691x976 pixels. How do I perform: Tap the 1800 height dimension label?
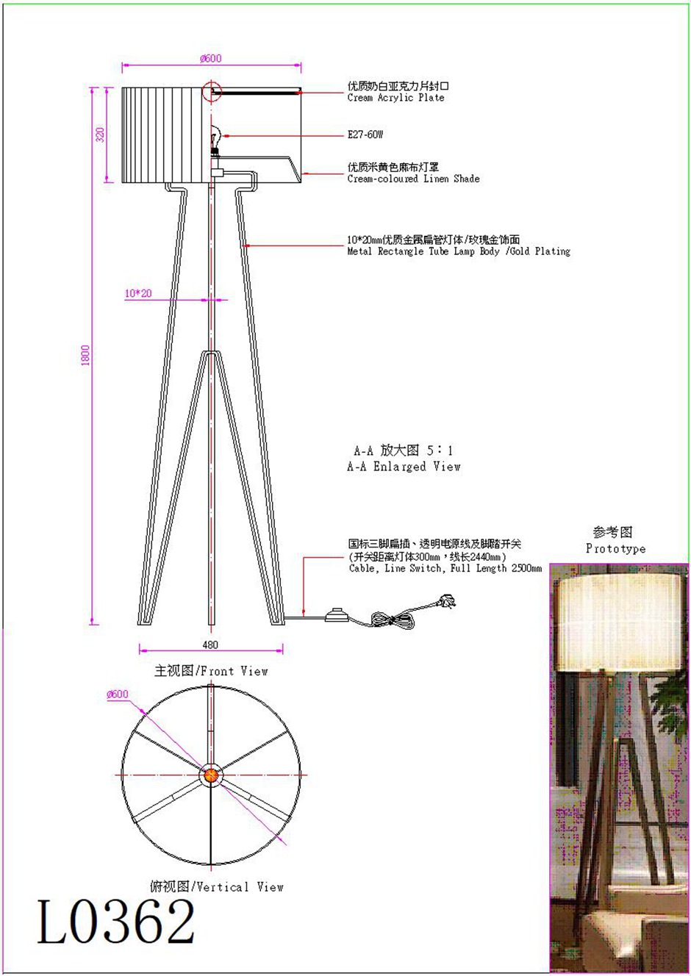tap(85, 355)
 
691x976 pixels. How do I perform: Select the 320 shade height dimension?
tap(100, 134)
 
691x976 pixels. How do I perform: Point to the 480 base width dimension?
tap(210, 645)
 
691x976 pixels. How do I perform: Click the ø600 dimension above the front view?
tap(211, 58)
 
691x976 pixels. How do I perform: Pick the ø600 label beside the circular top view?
tap(118, 694)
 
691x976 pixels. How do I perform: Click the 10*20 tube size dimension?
tap(138, 293)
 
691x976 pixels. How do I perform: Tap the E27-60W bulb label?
tap(365, 134)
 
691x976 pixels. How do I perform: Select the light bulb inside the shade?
tap(215, 137)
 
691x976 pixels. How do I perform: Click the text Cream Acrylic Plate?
tap(395, 98)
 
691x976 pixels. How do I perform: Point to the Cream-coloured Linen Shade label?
tap(413, 179)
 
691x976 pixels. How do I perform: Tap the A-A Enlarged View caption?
tap(404, 467)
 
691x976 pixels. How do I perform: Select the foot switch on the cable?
tap(337, 615)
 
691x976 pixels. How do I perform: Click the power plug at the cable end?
tap(445, 602)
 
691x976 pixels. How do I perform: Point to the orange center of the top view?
tap(211, 775)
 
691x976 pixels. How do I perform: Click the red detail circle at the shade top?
tap(212, 91)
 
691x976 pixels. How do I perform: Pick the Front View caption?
tap(211, 670)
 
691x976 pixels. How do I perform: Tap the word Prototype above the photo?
tap(615, 548)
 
